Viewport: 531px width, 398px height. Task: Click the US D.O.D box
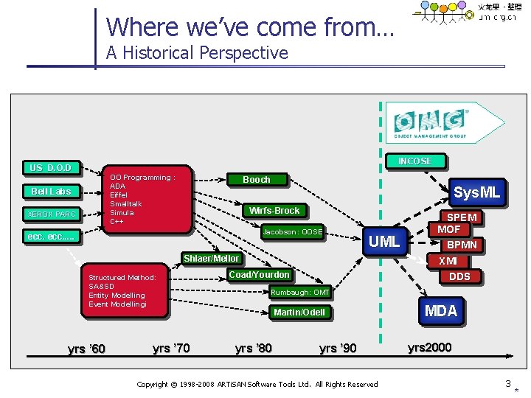tap(50, 168)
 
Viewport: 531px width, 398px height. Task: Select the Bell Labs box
tap(51, 192)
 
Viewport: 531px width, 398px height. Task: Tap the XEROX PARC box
tap(51, 214)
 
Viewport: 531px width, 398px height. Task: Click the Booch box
tap(257, 179)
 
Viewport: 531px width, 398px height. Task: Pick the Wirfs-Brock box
tap(274, 211)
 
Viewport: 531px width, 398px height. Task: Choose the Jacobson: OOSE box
tap(293, 232)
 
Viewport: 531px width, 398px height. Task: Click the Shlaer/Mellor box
tap(212, 259)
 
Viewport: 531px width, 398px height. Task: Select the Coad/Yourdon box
tap(259, 275)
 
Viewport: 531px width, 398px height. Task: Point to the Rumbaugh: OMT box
tap(299, 293)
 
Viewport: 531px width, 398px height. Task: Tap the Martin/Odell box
tap(299, 313)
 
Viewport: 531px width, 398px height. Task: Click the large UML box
tap(384, 241)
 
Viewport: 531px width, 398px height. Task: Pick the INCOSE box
tap(414, 161)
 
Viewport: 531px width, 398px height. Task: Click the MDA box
tap(441, 310)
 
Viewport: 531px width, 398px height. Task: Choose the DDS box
tap(459, 276)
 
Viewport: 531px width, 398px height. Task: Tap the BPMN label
tap(462, 244)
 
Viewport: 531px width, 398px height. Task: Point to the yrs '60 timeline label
tap(86, 349)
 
